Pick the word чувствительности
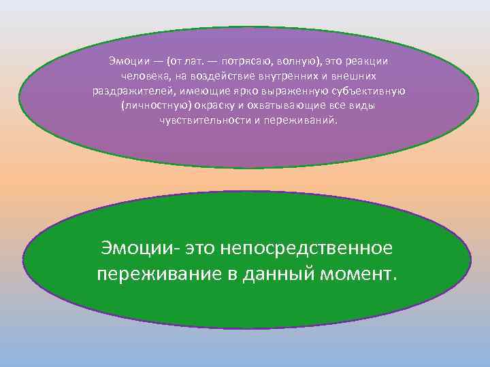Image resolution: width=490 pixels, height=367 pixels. point(197,120)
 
